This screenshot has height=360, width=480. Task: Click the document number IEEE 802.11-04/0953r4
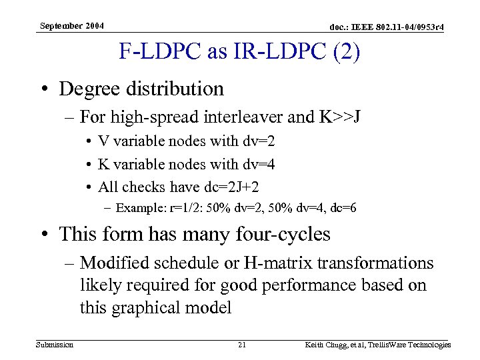coord(379,27)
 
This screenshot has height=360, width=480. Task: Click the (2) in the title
coord(347,53)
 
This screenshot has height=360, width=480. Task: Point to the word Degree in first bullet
coord(91,88)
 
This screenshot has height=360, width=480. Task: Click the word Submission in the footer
coord(54,345)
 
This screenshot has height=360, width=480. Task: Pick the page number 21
coord(242,345)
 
